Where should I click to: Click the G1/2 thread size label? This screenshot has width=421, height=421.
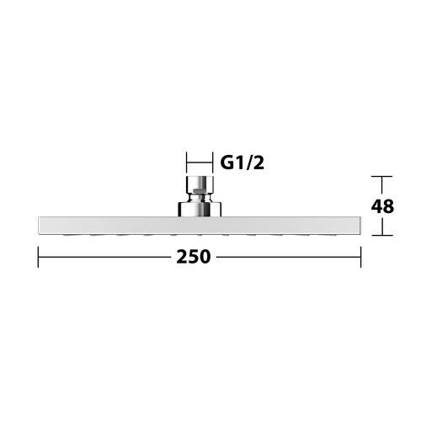click(x=242, y=163)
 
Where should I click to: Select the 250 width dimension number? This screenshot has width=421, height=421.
click(x=194, y=257)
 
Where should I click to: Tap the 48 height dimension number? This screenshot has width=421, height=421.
click(x=382, y=206)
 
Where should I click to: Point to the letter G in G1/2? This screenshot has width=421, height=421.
click(x=227, y=163)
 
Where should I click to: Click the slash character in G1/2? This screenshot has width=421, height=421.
click(x=248, y=163)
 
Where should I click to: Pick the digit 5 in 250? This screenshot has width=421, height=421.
click(x=194, y=257)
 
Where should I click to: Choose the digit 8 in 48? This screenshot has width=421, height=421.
click(x=388, y=206)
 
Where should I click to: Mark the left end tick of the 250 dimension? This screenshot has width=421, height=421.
click(x=38, y=257)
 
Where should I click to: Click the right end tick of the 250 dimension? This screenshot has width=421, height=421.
click(x=360, y=257)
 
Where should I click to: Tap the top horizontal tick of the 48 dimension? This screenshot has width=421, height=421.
click(x=381, y=177)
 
